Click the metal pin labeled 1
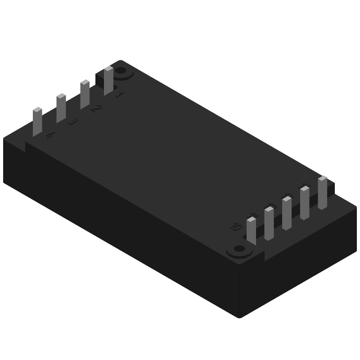[x=108, y=81]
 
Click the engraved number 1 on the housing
[x=119, y=95]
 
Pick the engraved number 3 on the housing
[x=72, y=122]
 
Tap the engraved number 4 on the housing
[x=50, y=135]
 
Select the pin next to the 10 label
[x=252, y=231]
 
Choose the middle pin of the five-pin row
[x=287, y=213]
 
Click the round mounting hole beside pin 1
[x=121, y=71]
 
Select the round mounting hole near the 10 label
[x=239, y=248]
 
